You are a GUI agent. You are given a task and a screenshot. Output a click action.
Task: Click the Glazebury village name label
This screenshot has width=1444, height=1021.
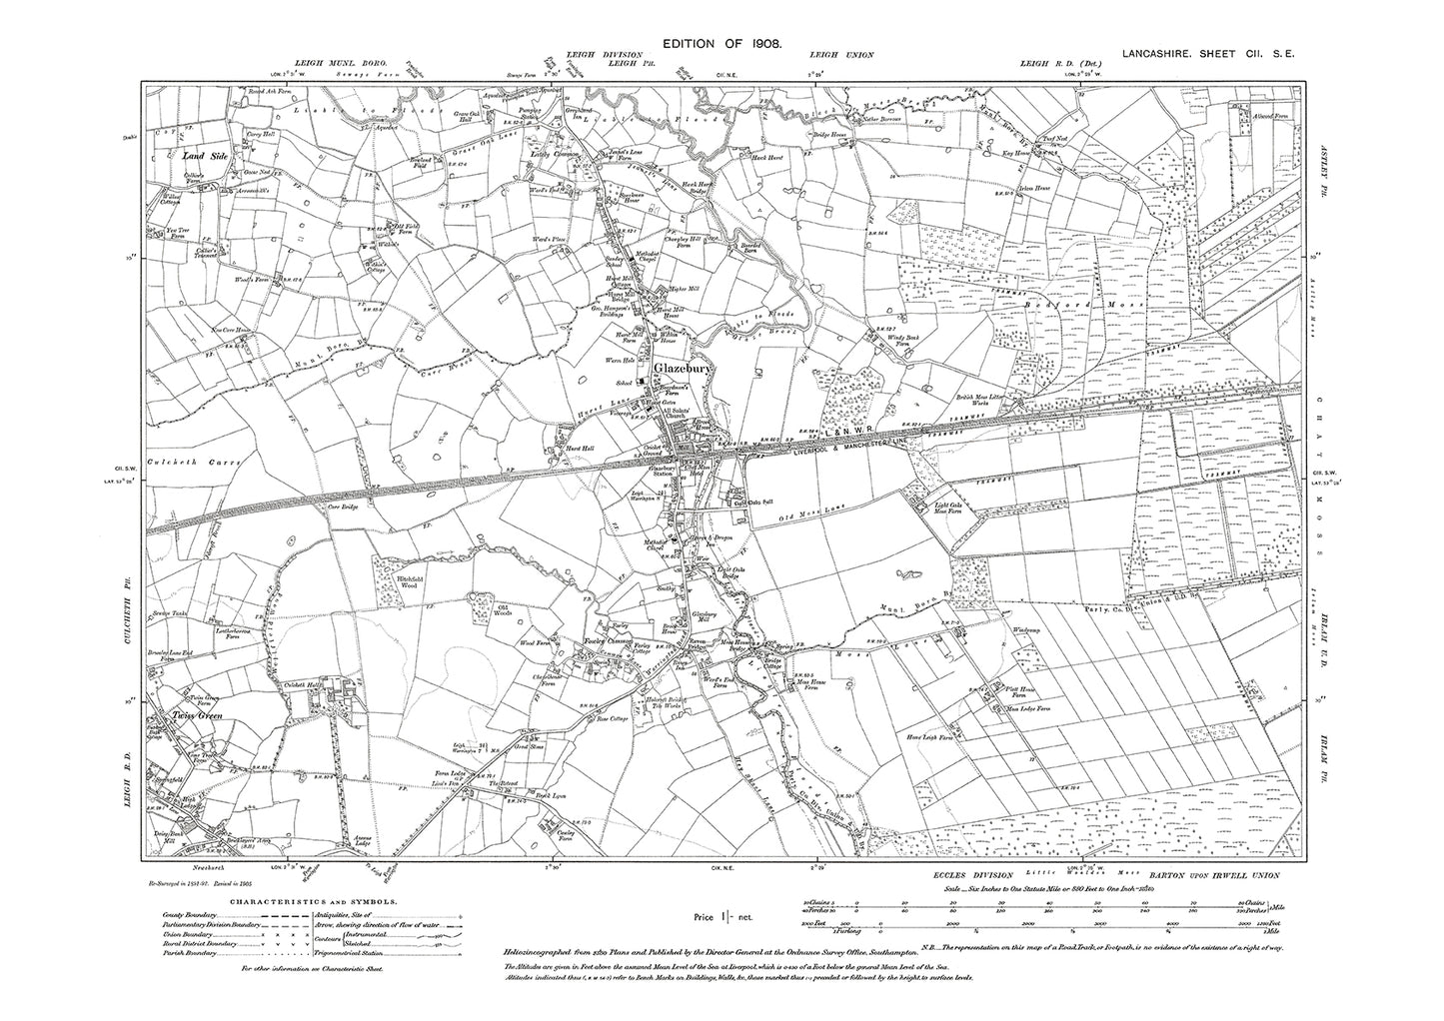683,370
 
